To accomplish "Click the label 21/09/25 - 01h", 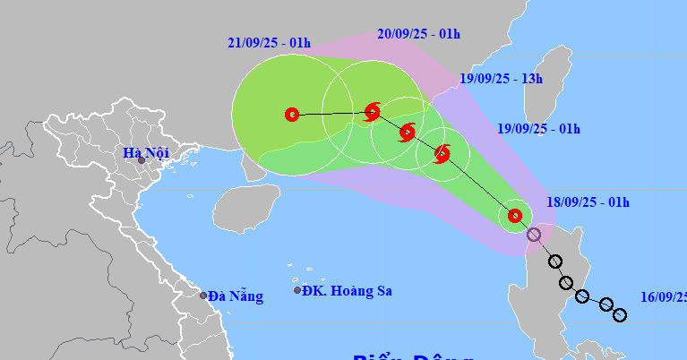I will click(x=269, y=43).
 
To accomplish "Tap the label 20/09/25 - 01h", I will click(x=418, y=34).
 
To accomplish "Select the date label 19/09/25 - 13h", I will click(x=502, y=79).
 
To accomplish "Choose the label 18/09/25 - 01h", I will click(x=588, y=202).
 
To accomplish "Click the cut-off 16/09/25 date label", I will click(x=664, y=295).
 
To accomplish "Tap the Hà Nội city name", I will click(x=146, y=153).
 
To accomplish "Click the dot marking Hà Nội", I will click(x=141, y=160).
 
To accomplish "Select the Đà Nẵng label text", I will click(x=236, y=296).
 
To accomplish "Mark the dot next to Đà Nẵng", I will click(x=203, y=296).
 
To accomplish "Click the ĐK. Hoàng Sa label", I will click(x=347, y=290).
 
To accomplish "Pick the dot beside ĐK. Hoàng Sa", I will click(x=297, y=290).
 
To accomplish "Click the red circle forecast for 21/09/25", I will click(x=291, y=115).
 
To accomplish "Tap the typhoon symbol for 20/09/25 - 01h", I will click(x=373, y=112).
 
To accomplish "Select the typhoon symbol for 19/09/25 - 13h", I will click(x=407, y=133).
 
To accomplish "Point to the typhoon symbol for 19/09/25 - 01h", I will click(x=442, y=154).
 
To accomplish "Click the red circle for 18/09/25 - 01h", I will click(x=514, y=215).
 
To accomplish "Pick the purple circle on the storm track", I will click(x=534, y=235).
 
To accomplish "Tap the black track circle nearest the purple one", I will click(x=555, y=261).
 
